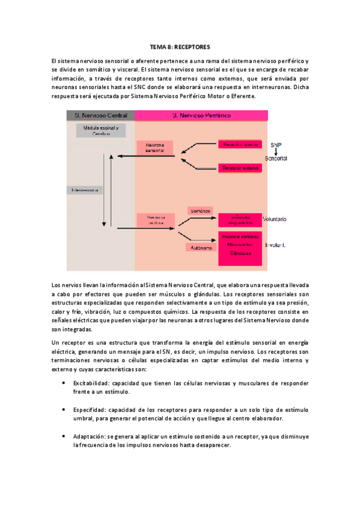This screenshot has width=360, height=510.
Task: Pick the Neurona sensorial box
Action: point(155,148)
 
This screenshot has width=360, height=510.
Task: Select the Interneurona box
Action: point(85,190)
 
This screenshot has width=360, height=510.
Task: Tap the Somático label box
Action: point(199,211)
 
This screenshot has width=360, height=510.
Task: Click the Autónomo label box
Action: point(199,247)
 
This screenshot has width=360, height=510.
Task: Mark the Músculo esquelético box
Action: point(240,220)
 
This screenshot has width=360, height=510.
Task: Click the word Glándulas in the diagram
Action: point(240,254)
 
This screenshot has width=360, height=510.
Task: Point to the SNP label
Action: point(275,145)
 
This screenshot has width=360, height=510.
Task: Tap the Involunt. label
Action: point(274,245)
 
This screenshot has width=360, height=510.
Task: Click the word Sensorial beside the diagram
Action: point(276,158)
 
